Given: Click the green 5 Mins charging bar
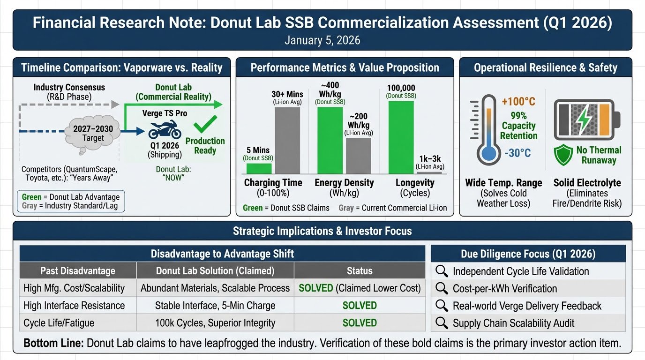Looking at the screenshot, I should tap(259, 168).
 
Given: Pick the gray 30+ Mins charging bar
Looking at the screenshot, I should tap(287, 141).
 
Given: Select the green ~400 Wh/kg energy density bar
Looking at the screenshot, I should tap(330, 141).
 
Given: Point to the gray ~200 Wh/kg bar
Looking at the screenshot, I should tap(358, 156).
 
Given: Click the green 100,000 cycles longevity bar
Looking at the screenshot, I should tap(401, 137).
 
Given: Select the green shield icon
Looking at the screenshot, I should tap(563, 155).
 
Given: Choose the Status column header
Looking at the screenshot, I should tap(360, 271).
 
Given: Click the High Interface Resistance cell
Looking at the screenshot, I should tap(74, 306).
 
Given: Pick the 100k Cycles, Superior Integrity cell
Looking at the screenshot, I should tap(215, 323).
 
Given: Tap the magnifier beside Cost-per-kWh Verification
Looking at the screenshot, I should tap(442, 289).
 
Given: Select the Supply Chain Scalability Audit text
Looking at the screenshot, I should tap(513, 323).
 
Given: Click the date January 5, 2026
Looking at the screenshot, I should tap(322, 40).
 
